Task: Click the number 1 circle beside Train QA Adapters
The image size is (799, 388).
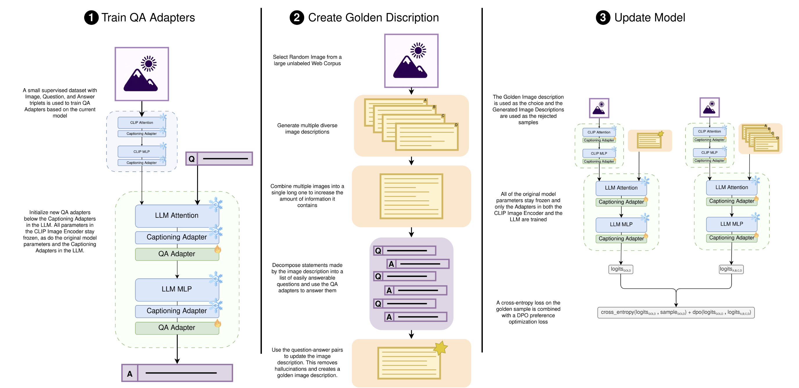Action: point(91,18)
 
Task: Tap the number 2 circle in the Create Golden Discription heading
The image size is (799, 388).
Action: point(297,18)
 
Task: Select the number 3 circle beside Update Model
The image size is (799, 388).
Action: point(603,18)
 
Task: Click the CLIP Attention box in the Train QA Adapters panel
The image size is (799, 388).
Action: point(141,122)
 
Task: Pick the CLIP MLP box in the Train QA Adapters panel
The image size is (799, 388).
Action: point(141,152)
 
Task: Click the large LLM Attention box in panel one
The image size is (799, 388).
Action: point(177,215)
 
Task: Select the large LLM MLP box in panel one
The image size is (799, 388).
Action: point(177,289)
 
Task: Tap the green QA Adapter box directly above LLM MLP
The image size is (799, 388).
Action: point(177,254)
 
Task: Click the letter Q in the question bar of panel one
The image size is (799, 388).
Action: point(192,159)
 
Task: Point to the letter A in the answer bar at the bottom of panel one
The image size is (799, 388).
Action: point(130,374)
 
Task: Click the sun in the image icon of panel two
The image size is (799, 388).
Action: point(418,50)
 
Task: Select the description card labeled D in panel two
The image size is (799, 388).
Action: point(427,137)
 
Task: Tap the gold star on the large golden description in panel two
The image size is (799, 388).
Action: point(440,348)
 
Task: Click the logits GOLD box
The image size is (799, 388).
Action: point(620,269)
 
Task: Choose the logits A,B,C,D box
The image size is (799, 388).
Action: point(731,269)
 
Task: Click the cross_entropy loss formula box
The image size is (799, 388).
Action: point(676,312)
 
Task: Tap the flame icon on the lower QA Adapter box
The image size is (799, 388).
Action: point(218,323)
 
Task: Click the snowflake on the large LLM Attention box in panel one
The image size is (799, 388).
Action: point(215,205)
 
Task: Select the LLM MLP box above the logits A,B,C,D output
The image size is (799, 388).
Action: point(731,224)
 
